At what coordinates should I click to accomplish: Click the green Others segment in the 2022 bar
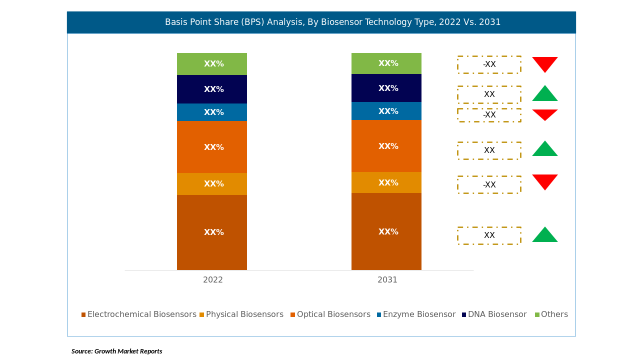tap(211, 64)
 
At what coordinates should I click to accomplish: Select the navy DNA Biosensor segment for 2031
tap(386, 88)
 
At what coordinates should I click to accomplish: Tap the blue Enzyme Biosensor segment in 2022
tap(211, 112)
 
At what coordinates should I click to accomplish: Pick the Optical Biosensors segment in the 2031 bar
tap(386, 146)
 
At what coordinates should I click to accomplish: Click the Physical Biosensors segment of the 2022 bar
tap(211, 184)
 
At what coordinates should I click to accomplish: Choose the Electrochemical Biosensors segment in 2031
tap(386, 231)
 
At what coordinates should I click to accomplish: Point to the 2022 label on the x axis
tap(213, 280)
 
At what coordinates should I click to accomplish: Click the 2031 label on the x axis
tap(387, 280)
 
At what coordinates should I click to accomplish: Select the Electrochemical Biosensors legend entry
tap(139, 314)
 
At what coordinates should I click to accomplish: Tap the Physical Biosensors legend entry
tap(241, 314)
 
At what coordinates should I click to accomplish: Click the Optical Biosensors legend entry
tap(330, 314)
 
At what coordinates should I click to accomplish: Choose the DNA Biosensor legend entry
tap(494, 314)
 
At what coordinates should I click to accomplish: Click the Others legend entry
tap(551, 314)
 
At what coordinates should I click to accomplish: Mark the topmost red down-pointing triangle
tap(545, 63)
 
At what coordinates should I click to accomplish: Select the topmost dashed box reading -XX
tap(489, 64)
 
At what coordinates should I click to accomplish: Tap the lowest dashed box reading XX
tap(489, 235)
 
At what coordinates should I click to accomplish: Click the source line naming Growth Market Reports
tap(117, 351)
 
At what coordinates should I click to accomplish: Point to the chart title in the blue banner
tap(332, 22)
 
